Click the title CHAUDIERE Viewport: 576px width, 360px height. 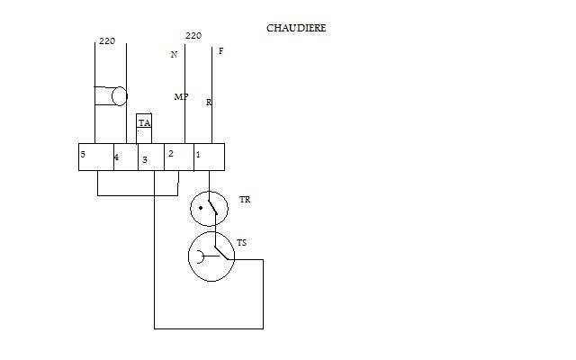[296, 28]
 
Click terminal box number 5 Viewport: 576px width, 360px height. [95, 157]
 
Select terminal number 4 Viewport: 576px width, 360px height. [125, 157]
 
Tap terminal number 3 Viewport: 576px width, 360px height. [149, 157]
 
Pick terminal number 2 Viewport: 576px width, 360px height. [178, 157]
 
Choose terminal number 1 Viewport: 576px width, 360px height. [209, 157]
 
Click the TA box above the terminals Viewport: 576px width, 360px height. [144, 123]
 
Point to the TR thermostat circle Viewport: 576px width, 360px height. [210, 209]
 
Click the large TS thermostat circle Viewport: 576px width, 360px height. [211, 256]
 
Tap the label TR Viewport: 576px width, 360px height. [246, 198]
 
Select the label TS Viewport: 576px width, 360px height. [241, 243]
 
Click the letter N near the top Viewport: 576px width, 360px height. [175, 54]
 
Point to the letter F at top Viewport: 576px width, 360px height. [220, 51]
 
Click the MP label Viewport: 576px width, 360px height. [181, 96]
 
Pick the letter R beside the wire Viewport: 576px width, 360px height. [209, 103]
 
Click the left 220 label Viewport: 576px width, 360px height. [107, 41]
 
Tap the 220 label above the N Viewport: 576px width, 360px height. [193, 36]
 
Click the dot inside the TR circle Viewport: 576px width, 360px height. [202, 209]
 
